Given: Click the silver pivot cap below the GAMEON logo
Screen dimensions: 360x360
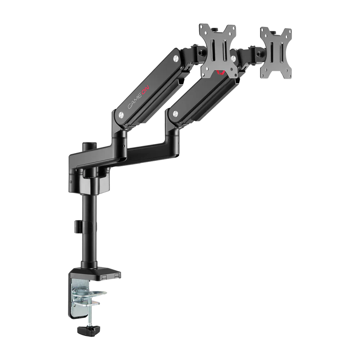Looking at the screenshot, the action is tap(121, 114).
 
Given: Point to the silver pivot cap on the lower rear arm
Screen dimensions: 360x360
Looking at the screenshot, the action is tap(175, 113).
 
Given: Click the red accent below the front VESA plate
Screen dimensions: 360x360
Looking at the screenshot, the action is tap(220, 73).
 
